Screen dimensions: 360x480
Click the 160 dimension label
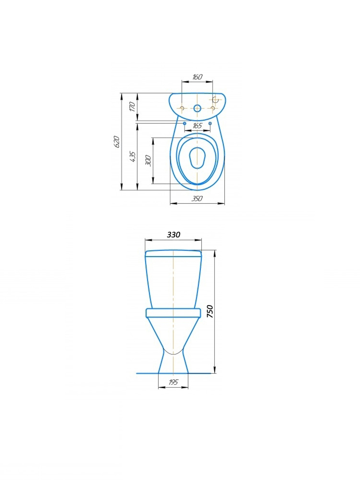point(197,77)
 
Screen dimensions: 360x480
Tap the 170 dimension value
point(133,107)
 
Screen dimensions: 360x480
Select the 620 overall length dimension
point(117,142)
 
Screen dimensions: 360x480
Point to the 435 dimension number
point(133,157)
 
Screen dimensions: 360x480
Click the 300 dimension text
point(148,161)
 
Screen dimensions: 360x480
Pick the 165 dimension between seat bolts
point(197,126)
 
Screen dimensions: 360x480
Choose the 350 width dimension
point(197,198)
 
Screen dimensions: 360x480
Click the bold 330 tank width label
point(174,235)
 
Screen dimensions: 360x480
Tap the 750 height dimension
point(210,311)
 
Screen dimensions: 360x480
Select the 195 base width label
point(173,382)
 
